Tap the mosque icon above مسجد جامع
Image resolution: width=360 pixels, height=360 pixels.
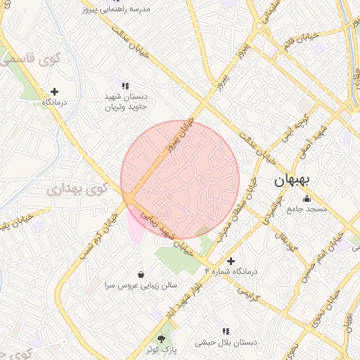[306, 198]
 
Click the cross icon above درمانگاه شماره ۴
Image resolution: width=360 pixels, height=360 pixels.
[230, 261]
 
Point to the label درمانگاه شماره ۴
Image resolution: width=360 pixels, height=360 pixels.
[231, 271]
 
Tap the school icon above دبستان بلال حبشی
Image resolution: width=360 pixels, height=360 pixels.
[226, 331]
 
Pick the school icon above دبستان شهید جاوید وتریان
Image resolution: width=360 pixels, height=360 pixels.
[125, 86]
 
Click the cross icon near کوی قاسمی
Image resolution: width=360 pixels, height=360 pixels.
[55, 91]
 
